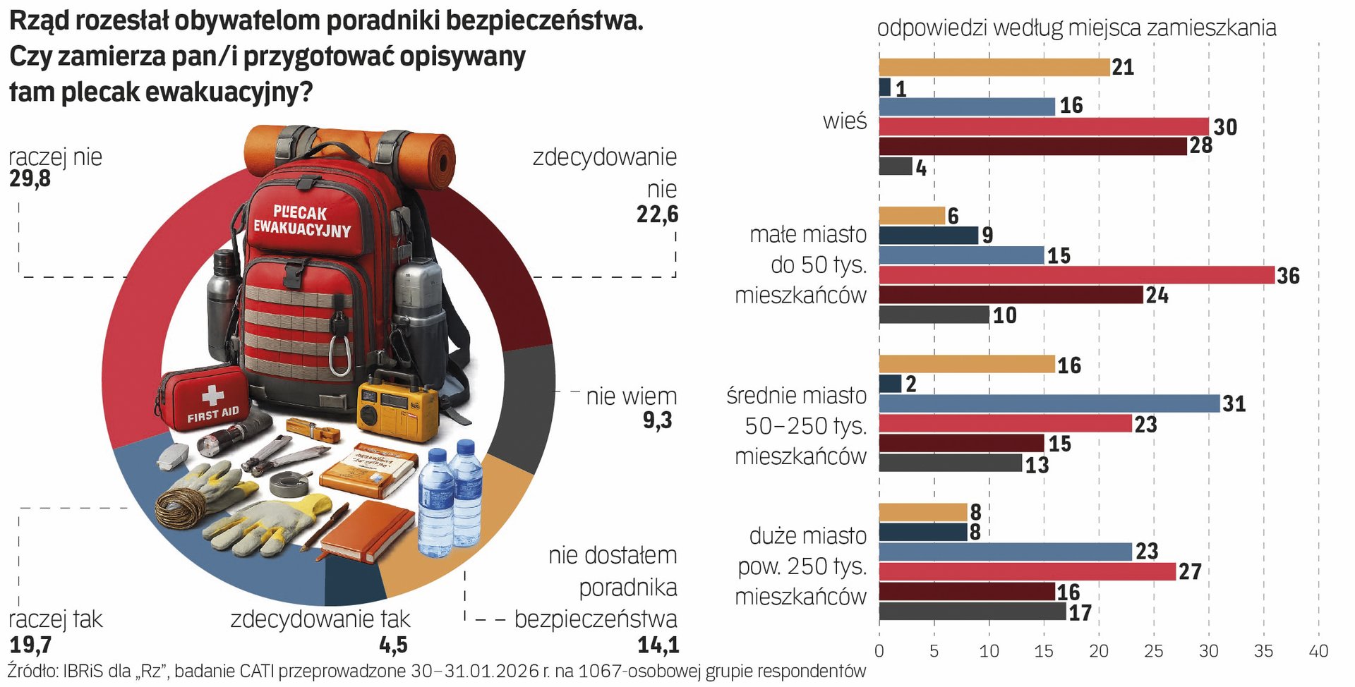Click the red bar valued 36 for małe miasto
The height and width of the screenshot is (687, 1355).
pos(1076,275)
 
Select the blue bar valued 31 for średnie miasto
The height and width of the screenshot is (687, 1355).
pos(1049,403)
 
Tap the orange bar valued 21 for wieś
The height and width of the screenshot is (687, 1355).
pos(994,67)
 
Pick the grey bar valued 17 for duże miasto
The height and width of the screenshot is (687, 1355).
pos(972,612)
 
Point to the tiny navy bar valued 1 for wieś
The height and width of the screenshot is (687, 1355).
pos(885,87)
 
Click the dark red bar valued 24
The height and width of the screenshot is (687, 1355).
pos(1011,295)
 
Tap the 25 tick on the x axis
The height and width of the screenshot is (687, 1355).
pos(1154,651)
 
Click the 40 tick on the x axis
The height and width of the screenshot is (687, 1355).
pos(1318,651)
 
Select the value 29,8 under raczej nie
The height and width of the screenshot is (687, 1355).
pos(30,179)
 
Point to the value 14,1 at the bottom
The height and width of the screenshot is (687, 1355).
pos(658,645)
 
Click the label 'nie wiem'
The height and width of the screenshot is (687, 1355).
pos(631,396)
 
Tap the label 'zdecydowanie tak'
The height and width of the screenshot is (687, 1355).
pos(320,619)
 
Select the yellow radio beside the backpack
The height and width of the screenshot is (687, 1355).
pos(397,409)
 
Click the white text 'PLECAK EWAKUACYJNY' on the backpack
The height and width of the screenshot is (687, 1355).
pos(301,220)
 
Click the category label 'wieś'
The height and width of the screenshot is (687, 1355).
pos(844,121)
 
